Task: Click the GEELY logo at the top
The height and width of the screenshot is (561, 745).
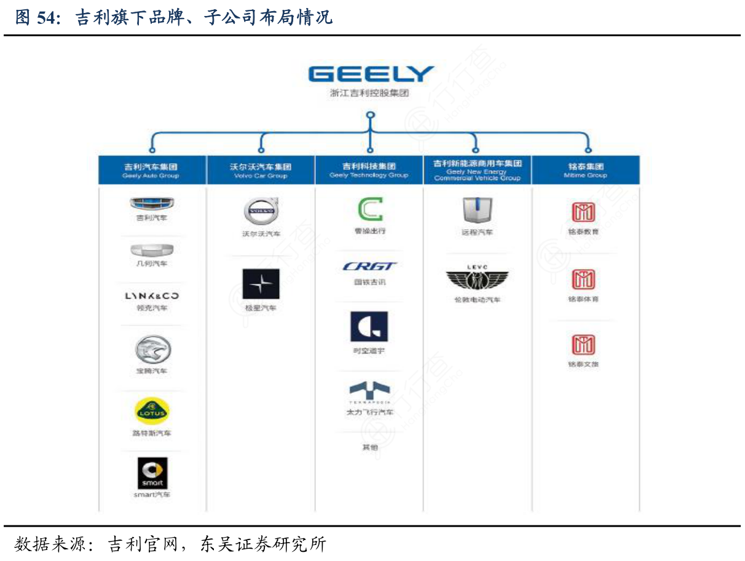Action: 371,74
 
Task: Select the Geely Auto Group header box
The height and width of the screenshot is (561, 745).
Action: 152,170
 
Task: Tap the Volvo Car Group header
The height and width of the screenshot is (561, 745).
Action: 261,170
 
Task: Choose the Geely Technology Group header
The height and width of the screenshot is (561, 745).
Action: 369,170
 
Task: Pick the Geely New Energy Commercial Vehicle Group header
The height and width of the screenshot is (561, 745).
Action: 477,170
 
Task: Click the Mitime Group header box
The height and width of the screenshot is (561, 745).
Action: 585,170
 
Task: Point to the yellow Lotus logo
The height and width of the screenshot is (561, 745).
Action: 152,411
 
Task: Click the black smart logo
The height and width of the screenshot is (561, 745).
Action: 152,473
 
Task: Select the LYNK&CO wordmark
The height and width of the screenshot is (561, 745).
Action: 152,296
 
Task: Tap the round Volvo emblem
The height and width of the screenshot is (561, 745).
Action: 261,212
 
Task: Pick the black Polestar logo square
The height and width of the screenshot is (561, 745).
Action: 261,284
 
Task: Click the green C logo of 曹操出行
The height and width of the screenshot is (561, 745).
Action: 370,210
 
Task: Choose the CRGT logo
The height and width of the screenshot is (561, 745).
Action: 370,266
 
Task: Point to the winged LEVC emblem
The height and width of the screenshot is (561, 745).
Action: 477,280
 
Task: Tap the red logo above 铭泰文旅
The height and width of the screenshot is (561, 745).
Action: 583,345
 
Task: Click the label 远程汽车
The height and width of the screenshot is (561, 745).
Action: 477,233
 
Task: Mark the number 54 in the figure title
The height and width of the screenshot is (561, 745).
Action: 46,17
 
